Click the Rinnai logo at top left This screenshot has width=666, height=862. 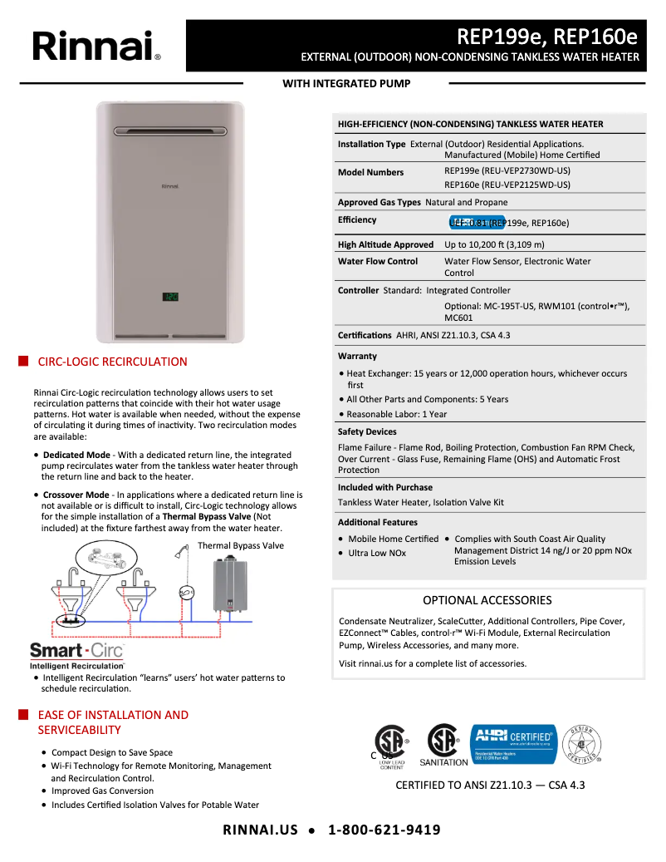96,46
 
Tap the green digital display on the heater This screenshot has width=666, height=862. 170,296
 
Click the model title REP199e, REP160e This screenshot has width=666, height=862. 547,37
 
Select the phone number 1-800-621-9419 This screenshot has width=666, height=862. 384,830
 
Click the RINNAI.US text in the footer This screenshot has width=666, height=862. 260,830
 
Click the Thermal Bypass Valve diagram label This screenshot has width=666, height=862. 241,546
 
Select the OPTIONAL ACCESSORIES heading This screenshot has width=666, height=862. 487,600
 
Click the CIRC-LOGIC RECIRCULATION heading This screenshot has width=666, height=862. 112,362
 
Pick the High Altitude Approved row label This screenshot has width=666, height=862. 385,244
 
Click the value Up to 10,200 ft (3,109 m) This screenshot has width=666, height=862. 494,244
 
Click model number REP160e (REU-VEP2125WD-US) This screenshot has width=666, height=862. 507,185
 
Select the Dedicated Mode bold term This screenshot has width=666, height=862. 76,456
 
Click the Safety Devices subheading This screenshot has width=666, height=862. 367,432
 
